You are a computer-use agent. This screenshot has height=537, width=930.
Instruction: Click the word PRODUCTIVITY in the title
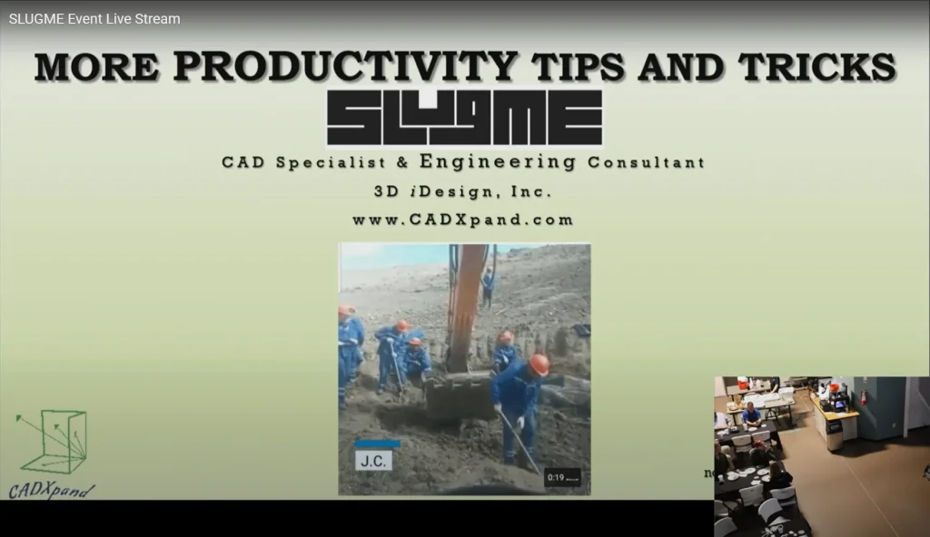[345, 66]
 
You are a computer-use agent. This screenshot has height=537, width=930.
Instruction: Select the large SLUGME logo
[464, 117]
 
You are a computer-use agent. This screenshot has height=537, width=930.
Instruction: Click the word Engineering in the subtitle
[498, 161]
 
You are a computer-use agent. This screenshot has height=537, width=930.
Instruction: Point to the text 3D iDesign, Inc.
[462, 191]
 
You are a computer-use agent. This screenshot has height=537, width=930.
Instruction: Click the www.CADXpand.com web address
[462, 220]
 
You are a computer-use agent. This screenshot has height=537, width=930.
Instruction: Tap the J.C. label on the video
[373, 461]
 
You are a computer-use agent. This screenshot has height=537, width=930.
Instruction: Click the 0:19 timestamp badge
[562, 477]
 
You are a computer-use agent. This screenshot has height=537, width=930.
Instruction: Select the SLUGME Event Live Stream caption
[94, 19]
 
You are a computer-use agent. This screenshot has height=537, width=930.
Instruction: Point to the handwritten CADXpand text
[51, 490]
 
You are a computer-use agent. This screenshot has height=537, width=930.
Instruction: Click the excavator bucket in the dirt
[459, 394]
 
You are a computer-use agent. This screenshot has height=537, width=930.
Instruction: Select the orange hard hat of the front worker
[539, 364]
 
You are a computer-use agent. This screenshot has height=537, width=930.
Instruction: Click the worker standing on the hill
[488, 288]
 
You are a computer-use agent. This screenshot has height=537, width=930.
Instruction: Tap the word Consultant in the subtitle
[647, 162]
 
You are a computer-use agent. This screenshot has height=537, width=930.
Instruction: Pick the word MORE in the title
[96, 66]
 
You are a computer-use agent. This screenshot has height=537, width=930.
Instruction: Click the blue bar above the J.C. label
[377, 444]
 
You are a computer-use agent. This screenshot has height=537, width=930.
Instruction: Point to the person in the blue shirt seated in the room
[751, 414]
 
